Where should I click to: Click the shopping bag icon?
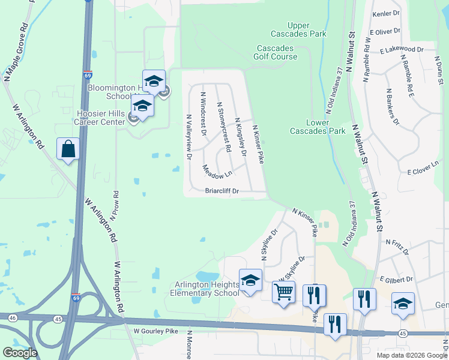click(68, 148)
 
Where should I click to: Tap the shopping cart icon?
click(283, 292)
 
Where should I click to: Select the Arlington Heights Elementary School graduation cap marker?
click(250, 280)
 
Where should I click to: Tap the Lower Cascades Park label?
click(318, 127)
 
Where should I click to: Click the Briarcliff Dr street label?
click(222, 191)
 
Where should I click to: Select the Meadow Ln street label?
click(217, 172)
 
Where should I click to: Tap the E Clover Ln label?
click(424, 172)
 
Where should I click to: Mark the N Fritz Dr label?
click(397, 247)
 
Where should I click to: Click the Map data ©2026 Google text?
click(411, 355)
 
